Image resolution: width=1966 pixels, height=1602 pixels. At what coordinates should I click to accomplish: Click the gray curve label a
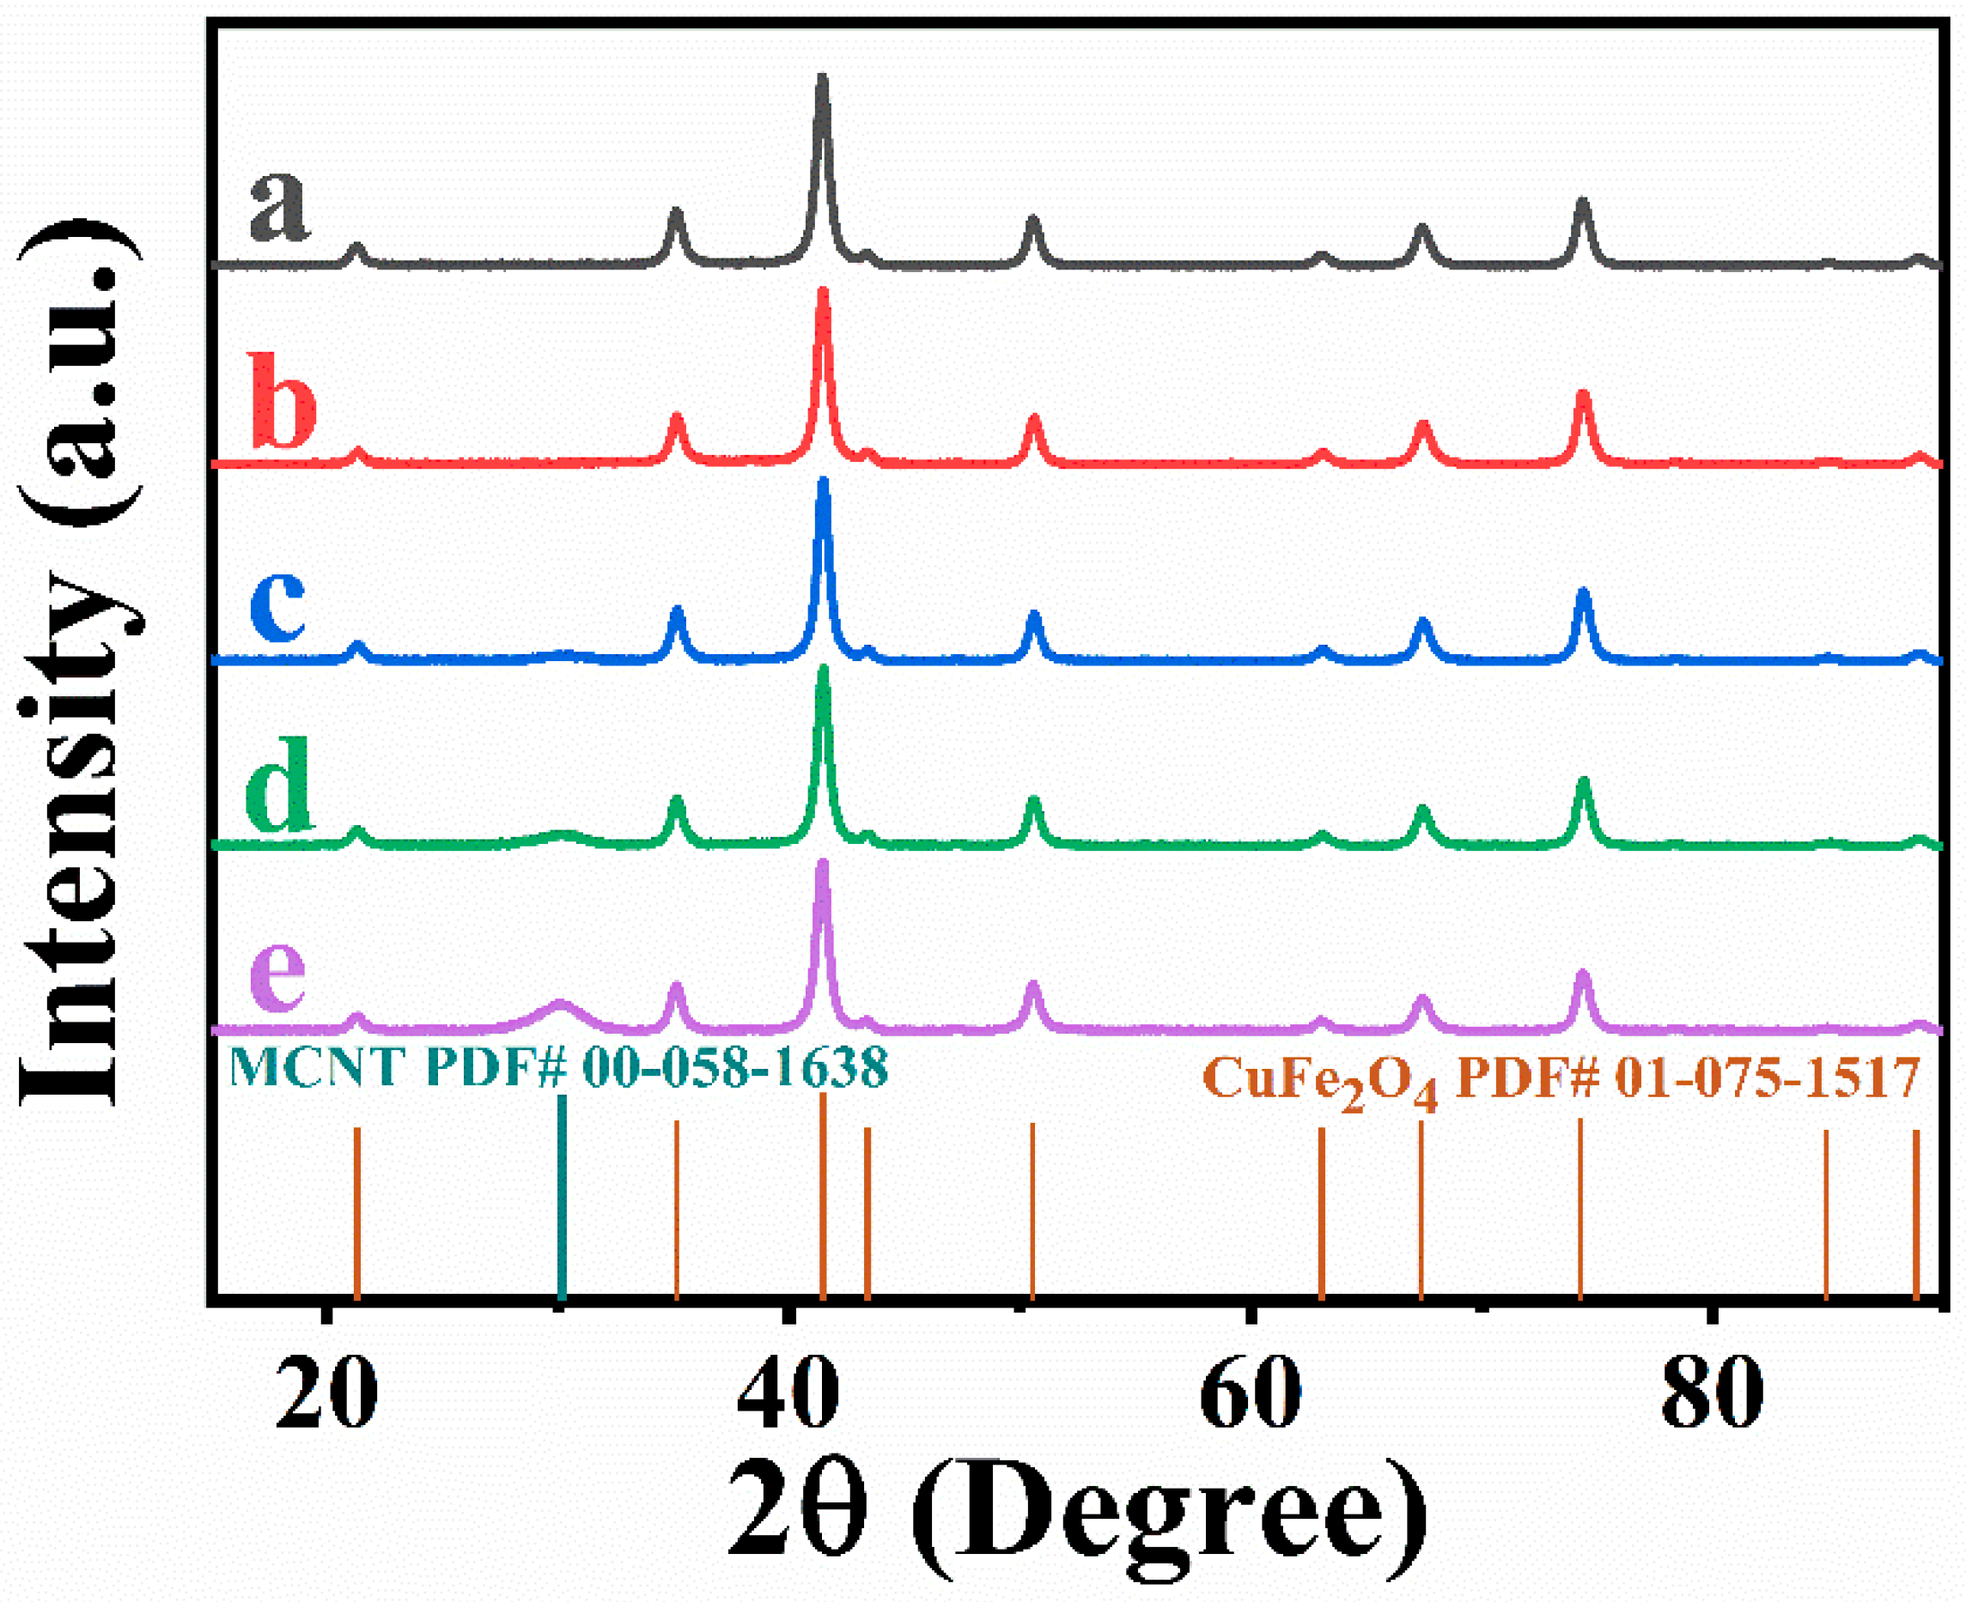coord(279,207)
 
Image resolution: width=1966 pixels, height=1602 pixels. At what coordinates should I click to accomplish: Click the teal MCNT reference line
coord(561,1199)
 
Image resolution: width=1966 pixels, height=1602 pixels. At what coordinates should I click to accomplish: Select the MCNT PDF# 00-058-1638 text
coord(557,1068)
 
